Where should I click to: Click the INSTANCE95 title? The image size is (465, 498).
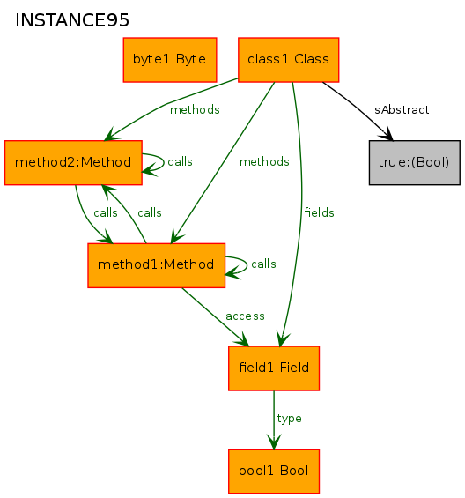tap(72, 20)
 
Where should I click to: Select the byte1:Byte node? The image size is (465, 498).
tap(170, 60)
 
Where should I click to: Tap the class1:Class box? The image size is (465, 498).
tap(288, 60)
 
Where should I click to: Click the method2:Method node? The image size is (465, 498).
tap(73, 162)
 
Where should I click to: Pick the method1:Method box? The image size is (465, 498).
tap(156, 265)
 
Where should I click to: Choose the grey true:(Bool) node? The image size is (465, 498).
tap(414, 162)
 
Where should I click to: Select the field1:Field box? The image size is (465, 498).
tap(274, 368)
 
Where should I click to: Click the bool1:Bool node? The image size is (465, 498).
tap(274, 471)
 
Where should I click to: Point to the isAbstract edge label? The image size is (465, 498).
tap(400, 109)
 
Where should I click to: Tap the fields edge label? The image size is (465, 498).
tap(319, 212)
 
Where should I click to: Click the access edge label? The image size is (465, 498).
tap(245, 316)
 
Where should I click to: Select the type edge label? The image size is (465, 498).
tap(289, 419)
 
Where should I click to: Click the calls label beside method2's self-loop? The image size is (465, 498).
tap(180, 161)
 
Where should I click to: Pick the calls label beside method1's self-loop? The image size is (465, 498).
tap(263, 264)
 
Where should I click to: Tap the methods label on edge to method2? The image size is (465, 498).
tap(195, 109)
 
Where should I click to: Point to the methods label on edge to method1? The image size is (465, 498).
tap(264, 161)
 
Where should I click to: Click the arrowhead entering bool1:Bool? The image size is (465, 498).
tap(274, 442)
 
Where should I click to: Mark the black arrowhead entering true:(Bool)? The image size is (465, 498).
tap(387, 134)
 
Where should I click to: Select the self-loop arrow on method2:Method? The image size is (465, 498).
tap(164, 161)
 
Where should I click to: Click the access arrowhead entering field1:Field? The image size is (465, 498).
tap(243, 340)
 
